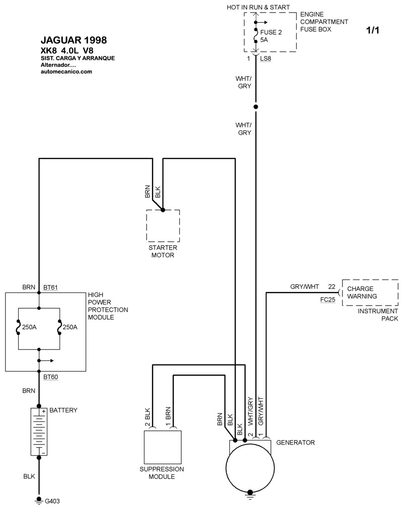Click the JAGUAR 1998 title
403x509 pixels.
[x=73, y=40]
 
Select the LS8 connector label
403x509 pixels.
[x=265, y=59]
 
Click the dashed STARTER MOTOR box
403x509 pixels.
[x=163, y=226]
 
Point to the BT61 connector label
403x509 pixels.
[x=51, y=287]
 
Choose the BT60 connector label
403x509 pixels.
[x=51, y=376]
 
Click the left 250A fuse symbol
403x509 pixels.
[x=18, y=327]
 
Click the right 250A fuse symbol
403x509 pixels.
[x=59, y=327]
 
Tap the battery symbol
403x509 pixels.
[x=39, y=432]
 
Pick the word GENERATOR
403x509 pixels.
[x=295, y=443]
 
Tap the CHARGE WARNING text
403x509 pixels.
[x=362, y=293]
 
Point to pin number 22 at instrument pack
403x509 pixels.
[x=331, y=287]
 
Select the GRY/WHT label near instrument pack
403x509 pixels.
[x=304, y=287]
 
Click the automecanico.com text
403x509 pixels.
[x=66, y=71]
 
